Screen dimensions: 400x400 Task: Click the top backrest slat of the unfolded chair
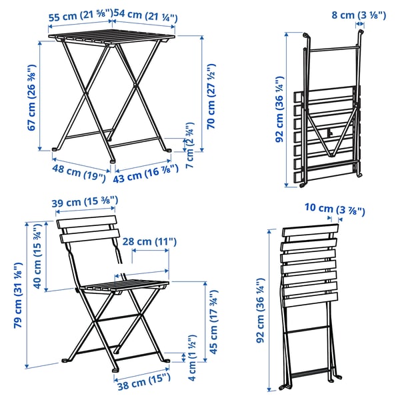pos(87,222)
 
